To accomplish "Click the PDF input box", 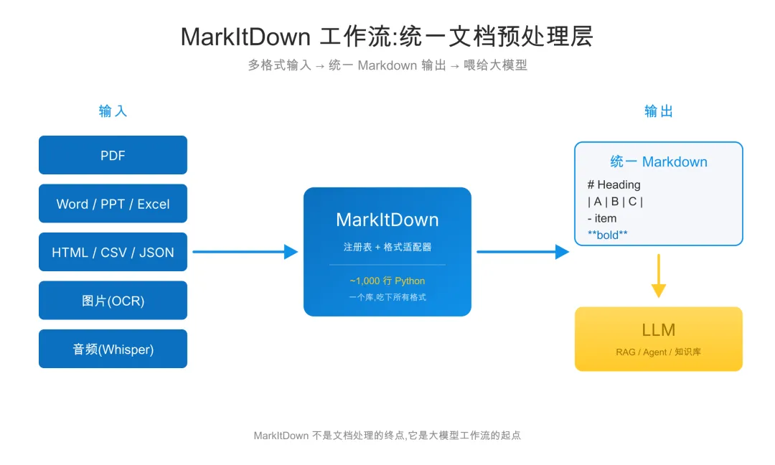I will pyautogui.click(x=113, y=155).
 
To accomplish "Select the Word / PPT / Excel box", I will pyautogui.click(x=113, y=204).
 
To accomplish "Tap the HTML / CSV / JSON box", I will pyautogui.click(x=113, y=252).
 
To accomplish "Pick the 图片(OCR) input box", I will pyautogui.click(x=113, y=301).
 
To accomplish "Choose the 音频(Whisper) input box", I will pyautogui.click(x=113, y=349).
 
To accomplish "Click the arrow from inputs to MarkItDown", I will pyautogui.click(x=245, y=252).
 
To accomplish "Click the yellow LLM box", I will pyautogui.click(x=658, y=339).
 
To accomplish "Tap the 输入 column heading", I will pyautogui.click(x=113, y=111).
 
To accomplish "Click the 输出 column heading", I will pyautogui.click(x=658, y=111).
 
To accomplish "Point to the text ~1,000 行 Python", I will pyautogui.click(x=387, y=281).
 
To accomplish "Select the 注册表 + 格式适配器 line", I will pyautogui.click(x=387, y=247).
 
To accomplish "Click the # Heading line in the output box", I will pyautogui.click(x=614, y=184).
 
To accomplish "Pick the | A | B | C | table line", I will pyautogui.click(x=615, y=202).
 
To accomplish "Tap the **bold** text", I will pyautogui.click(x=607, y=235).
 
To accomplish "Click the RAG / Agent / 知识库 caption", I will pyautogui.click(x=658, y=352).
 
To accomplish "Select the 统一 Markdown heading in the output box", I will pyautogui.click(x=658, y=161).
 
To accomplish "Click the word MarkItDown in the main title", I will pyautogui.click(x=245, y=37).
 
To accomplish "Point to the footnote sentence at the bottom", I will pyautogui.click(x=387, y=435).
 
